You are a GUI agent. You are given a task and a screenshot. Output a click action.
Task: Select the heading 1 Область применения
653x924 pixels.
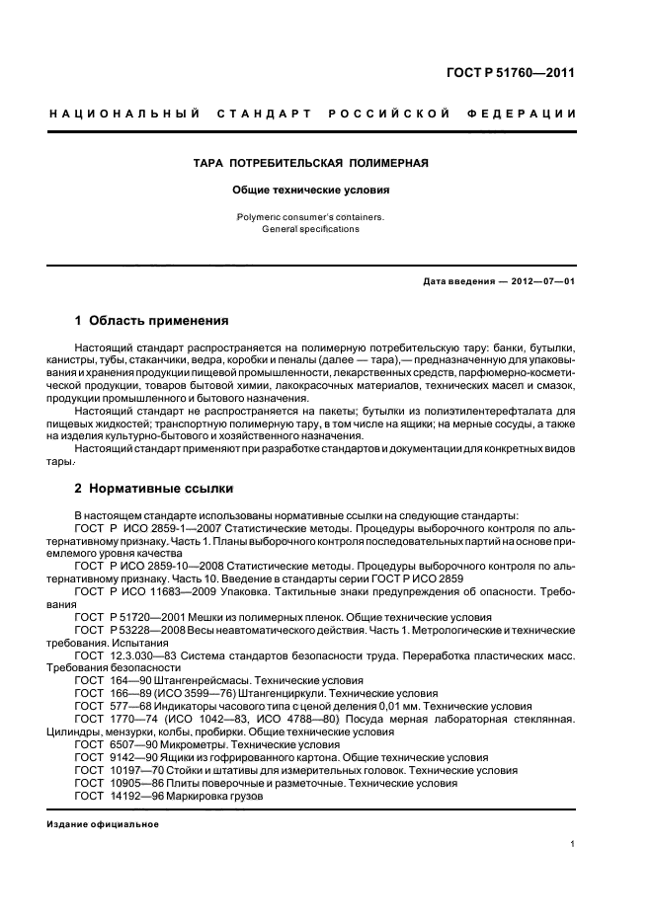(x=152, y=321)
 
